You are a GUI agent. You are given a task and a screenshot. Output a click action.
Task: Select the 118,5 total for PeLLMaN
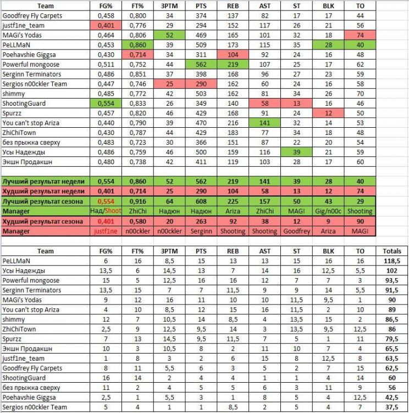click(391, 260)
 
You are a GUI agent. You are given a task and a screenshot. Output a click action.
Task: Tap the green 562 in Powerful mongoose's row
click(200, 64)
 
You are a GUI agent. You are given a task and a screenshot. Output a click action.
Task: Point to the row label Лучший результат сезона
click(43, 201)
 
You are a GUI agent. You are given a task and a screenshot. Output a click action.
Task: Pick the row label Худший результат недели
click(43, 191)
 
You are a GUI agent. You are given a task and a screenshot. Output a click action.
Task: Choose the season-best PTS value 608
click(200, 201)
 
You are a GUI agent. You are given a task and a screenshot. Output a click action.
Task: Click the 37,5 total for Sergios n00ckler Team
click(391, 407)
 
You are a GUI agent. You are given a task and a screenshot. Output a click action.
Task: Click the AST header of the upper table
click(266, 4)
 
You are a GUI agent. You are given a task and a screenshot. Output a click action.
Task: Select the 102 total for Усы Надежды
click(391, 270)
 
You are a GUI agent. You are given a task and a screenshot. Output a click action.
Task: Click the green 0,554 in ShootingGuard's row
click(106, 104)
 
